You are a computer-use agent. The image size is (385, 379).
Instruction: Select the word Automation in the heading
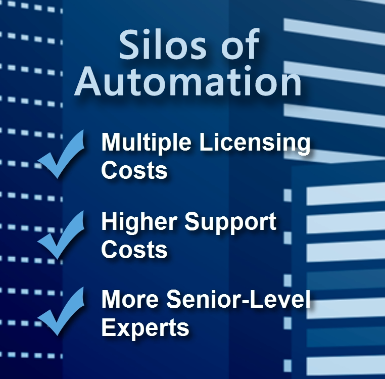(x=188, y=82)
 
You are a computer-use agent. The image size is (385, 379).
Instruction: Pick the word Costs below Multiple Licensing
(x=134, y=170)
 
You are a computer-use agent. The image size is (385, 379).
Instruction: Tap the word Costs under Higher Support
(x=134, y=250)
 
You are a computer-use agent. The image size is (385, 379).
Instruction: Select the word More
(x=130, y=300)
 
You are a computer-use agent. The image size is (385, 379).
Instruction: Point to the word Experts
(x=145, y=327)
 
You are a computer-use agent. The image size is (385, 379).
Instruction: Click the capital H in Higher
(x=110, y=222)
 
